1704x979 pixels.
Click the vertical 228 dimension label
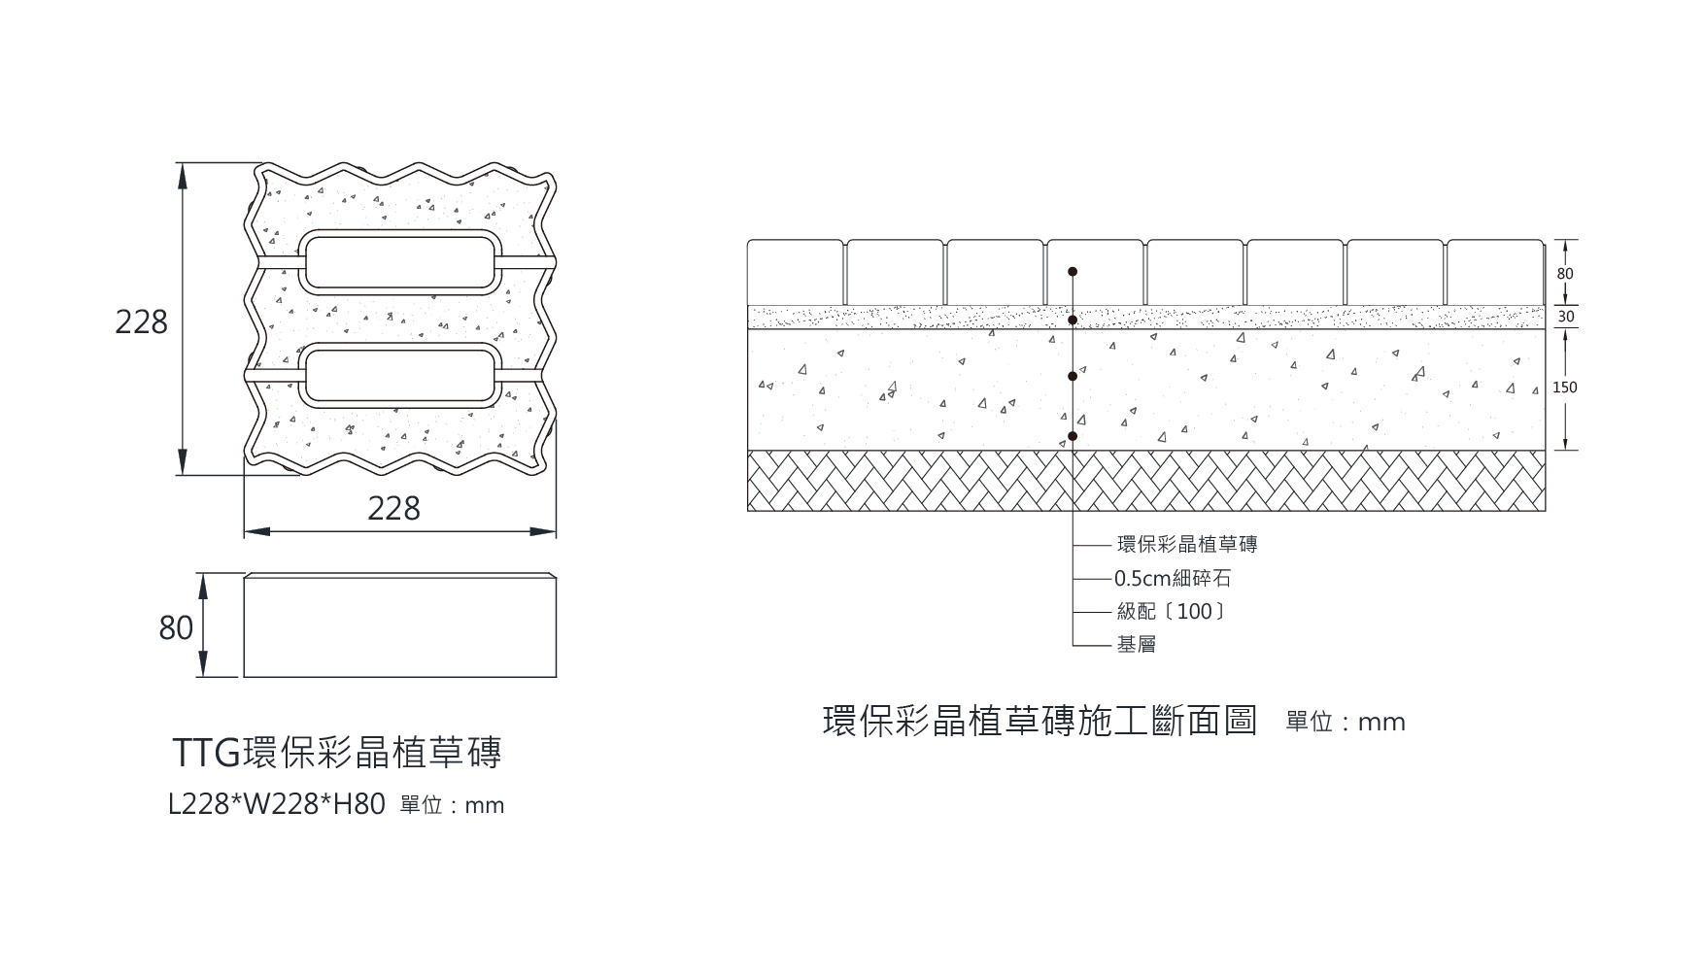pyautogui.click(x=141, y=321)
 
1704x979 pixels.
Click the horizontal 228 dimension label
pyautogui.click(x=393, y=508)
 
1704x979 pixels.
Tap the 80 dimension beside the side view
pyautogui.click(x=176, y=628)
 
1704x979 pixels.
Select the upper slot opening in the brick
pyautogui.click(x=398, y=261)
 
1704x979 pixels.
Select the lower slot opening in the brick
pyautogui.click(x=398, y=377)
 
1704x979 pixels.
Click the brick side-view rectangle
pyautogui.click(x=399, y=625)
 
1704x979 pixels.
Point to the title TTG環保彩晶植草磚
pyautogui.click(x=336, y=753)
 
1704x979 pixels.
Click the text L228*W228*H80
pyautogui.click(x=277, y=804)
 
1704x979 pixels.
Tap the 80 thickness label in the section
pyautogui.click(x=1565, y=274)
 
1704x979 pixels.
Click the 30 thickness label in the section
pyautogui.click(x=1565, y=317)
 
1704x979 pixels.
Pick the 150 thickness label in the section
pyautogui.click(x=1565, y=388)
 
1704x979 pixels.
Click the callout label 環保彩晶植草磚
pyautogui.click(x=1187, y=545)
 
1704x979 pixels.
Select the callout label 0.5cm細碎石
pyautogui.click(x=1173, y=579)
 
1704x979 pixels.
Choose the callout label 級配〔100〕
pyautogui.click(x=1171, y=612)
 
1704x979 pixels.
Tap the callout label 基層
pyautogui.click(x=1136, y=645)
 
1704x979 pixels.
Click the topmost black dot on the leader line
pyautogui.click(x=1073, y=272)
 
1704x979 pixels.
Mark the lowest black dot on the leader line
pyautogui.click(x=1073, y=436)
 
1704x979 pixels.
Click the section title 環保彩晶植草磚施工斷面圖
pyautogui.click(x=1039, y=722)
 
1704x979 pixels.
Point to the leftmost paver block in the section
pyautogui.click(x=796, y=273)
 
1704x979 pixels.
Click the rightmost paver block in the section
pyautogui.click(x=1495, y=273)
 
